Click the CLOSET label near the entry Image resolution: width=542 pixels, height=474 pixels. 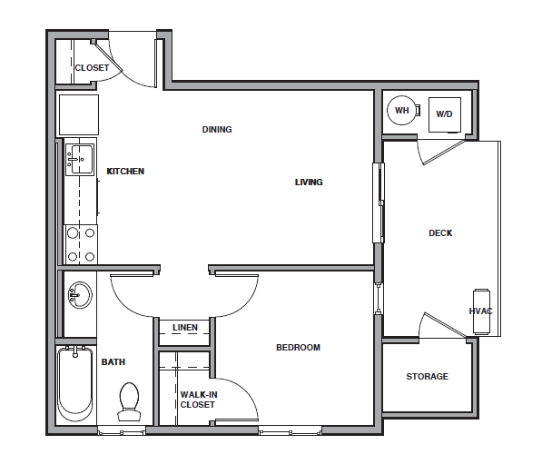tap(92, 68)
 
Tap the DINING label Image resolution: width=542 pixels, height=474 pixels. tap(217, 130)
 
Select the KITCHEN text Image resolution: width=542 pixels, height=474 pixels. tap(125, 172)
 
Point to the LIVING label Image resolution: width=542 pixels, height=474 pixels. tap(309, 183)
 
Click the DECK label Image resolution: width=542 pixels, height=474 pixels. tap(440, 233)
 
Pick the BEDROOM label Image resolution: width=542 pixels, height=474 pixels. tap(298, 347)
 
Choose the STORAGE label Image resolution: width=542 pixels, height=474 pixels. tap(427, 377)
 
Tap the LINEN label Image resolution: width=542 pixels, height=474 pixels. tap(185, 328)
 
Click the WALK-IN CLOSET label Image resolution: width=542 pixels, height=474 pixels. tap(197, 400)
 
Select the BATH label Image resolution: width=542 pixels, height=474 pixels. tap(113, 361)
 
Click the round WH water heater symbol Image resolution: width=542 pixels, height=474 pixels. tap(400, 111)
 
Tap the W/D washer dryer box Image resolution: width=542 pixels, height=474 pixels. tap(444, 114)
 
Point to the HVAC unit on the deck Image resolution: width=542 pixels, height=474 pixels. tap(480, 311)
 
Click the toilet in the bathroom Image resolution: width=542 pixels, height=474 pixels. tap(129, 400)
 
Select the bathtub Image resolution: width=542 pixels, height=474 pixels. tap(74, 386)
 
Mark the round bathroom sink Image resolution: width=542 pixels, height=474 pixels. tap(79, 295)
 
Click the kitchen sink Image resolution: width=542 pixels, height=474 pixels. tap(80, 160)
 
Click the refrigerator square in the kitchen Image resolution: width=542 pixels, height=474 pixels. tap(78, 114)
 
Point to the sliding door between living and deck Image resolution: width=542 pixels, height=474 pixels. tap(379, 202)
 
